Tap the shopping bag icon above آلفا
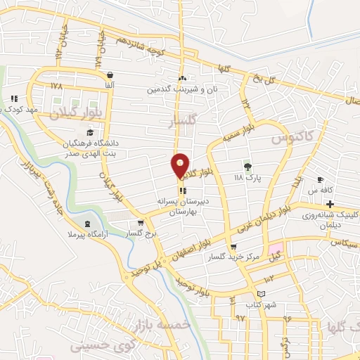(110, 75)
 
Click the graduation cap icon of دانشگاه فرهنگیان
(89, 132)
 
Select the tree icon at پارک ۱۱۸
(247, 167)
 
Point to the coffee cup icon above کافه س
(321, 179)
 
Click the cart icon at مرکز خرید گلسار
(233, 247)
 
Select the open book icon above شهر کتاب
(263, 294)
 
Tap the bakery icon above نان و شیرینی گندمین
(183, 78)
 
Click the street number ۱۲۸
(57, 85)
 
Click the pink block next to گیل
(275, 251)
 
